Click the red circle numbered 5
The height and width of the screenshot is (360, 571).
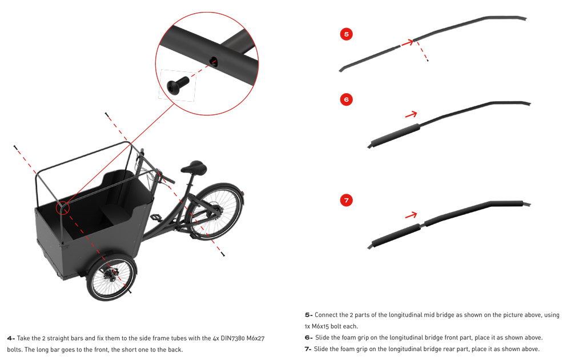pos(347,34)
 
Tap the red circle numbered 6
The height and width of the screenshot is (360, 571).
pos(347,99)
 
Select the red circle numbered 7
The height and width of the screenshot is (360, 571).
pos(347,200)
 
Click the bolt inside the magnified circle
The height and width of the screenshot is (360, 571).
pos(178,86)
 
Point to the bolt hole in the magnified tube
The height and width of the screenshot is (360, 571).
pos(215,62)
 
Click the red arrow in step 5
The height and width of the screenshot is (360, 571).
pos(408,43)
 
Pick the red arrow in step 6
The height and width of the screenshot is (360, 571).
pos(411,115)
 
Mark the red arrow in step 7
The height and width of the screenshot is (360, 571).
pos(411,215)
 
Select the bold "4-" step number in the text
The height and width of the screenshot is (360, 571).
pos(11,338)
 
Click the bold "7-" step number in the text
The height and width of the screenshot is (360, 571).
pos(308,349)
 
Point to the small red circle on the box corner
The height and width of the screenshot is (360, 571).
pos(63,208)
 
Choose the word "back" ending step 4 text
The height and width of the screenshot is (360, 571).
pos(174,350)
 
